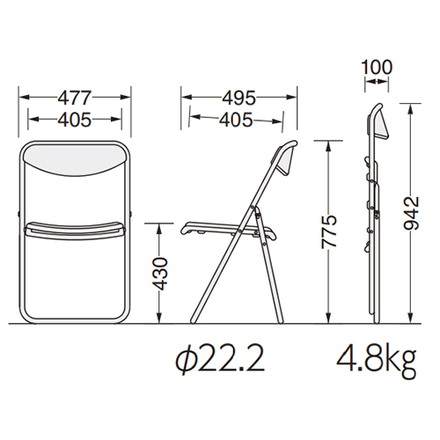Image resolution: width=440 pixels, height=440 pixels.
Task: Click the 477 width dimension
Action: (x=75, y=98)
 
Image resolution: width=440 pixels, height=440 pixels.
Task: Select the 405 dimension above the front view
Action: (x=75, y=120)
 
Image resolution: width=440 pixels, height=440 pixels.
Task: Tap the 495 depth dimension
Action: (x=238, y=98)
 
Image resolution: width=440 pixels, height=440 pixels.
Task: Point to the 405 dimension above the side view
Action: (x=236, y=120)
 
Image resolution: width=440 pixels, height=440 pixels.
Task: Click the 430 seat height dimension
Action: (x=159, y=274)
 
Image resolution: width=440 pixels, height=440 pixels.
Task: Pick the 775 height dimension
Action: (x=329, y=232)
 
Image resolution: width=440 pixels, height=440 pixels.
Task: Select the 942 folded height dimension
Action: (x=411, y=213)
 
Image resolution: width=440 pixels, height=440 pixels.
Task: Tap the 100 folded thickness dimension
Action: (x=377, y=67)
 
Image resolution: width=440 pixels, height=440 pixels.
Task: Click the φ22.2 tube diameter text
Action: (x=220, y=359)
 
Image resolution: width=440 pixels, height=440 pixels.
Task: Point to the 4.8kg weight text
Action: (x=377, y=362)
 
